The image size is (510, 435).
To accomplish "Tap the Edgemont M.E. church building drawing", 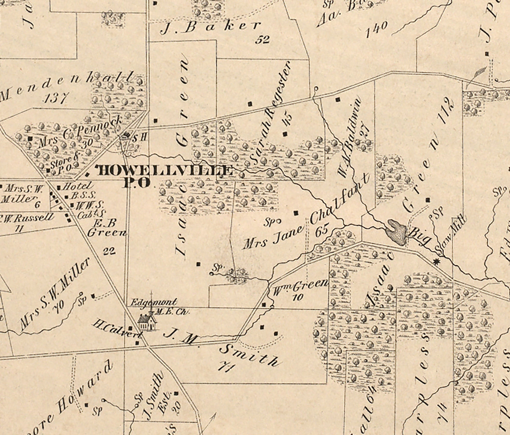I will [x=147, y=321].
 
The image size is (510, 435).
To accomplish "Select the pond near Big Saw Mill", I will [x=396, y=232].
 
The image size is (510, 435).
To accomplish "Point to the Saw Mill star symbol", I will [x=437, y=262].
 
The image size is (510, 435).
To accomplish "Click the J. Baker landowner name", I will [x=210, y=28].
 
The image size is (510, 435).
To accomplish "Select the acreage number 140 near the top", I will [x=377, y=29].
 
